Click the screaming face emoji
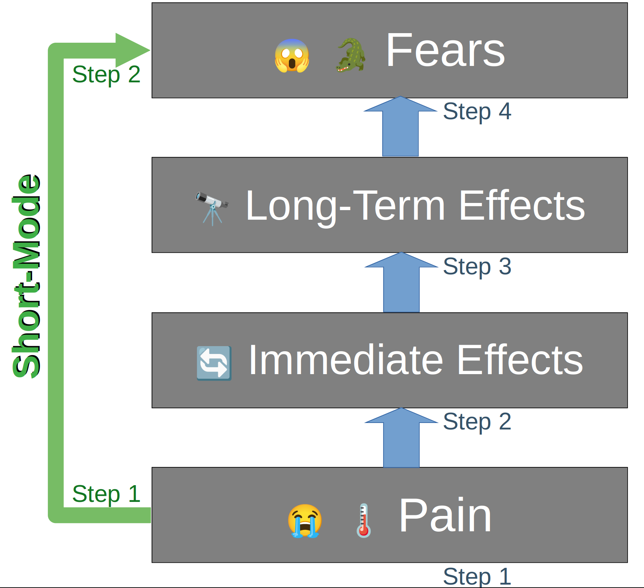pyautogui.click(x=292, y=56)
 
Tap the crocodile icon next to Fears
pyautogui.click(x=351, y=55)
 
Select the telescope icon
pyautogui.click(x=212, y=207)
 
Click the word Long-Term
pyautogui.click(x=345, y=206)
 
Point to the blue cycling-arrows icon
pyautogui.click(x=214, y=363)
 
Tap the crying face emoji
pyautogui.click(x=305, y=521)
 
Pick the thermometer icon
pyautogui.click(x=364, y=520)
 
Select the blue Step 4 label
pyautogui.click(x=477, y=112)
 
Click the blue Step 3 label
pyautogui.click(x=477, y=266)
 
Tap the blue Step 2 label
pyautogui.click(x=477, y=422)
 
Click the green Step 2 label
pyautogui.click(x=106, y=75)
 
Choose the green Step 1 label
pyautogui.click(x=106, y=494)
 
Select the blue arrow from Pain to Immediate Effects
pyautogui.click(x=401, y=439)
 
